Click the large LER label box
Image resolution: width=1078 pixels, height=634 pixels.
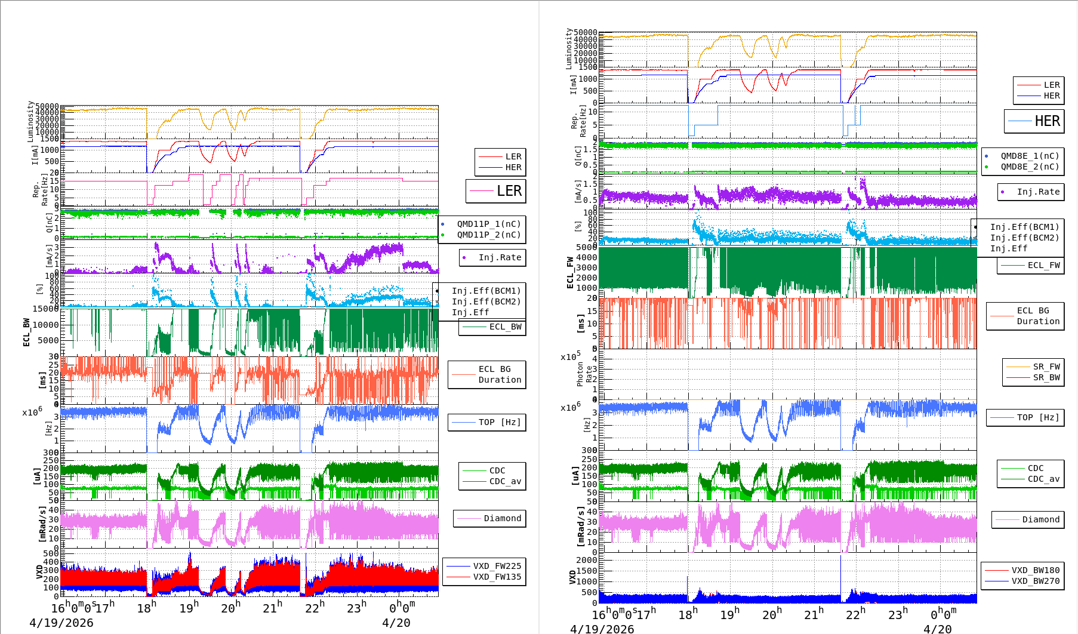[496, 191]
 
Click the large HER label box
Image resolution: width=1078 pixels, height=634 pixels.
[1034, 121]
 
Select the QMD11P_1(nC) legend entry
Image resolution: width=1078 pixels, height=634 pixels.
[488, 224]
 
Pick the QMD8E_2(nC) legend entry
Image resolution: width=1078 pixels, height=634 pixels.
[1030, 167]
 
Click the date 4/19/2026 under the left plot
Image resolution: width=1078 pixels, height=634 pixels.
[61, 623]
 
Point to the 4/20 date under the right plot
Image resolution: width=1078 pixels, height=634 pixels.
[937, 629]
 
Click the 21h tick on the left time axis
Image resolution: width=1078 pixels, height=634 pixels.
[272, 608]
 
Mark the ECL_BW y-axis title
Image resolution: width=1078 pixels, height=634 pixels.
[26, 332]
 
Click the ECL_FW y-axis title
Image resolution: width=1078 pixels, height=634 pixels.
[570, 272]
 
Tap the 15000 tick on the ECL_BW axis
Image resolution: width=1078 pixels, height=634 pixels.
[45, 309]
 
